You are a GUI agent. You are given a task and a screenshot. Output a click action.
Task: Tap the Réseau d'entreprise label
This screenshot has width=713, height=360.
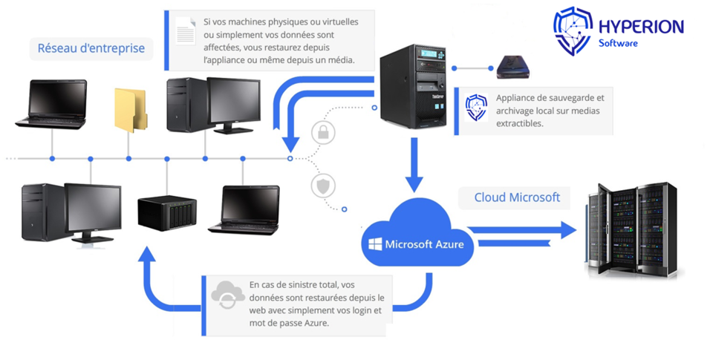91,50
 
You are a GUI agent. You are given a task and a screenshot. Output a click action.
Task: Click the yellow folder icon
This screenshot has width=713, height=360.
130,110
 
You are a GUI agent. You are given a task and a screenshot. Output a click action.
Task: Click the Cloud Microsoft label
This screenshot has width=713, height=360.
518,197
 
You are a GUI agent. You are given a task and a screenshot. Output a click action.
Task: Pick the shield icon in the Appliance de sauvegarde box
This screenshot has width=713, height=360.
476,108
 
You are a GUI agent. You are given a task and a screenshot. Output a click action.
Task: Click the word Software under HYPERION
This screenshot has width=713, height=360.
618,44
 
